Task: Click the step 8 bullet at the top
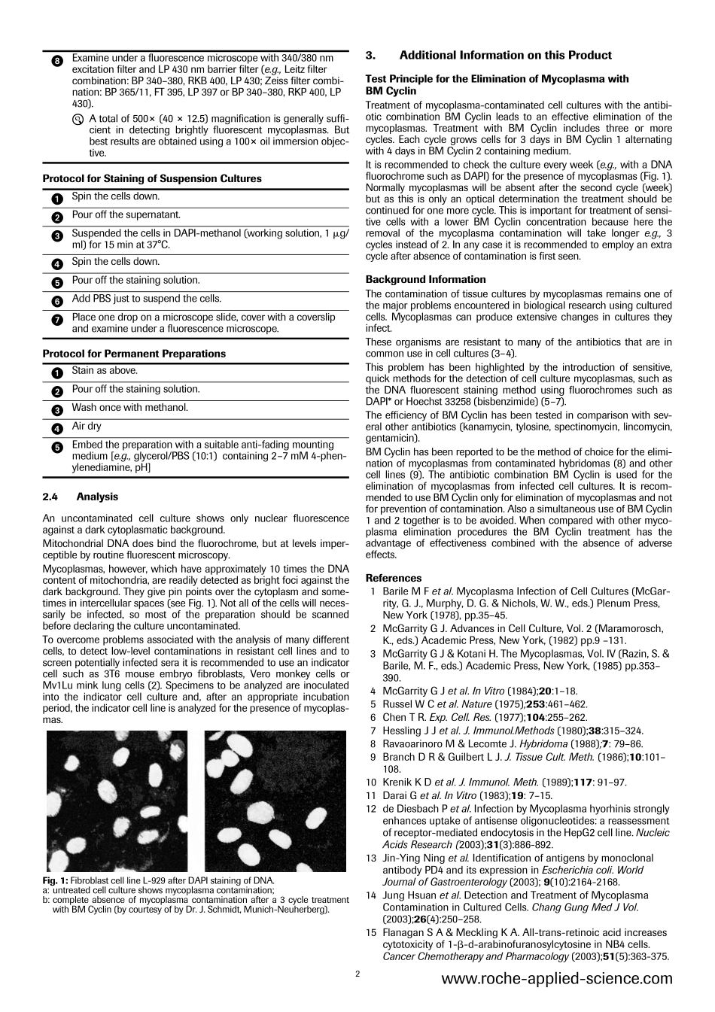(x=57, y=60)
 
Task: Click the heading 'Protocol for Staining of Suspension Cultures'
(x=152, y=179)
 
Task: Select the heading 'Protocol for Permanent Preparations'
(x=134, y=354)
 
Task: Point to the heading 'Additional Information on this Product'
(x=505, y=55)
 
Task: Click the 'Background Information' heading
(x=425, y=279)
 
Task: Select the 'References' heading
(x=393, y=578)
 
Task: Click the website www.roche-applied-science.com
(x=556, y=979)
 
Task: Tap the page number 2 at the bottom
(x=357, y=974)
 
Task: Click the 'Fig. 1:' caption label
(x=56, y=880)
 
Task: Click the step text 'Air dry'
(x=87, y=426)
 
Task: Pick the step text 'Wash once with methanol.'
(x=129, y=408)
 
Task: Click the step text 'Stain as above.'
(x=105, y=370)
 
